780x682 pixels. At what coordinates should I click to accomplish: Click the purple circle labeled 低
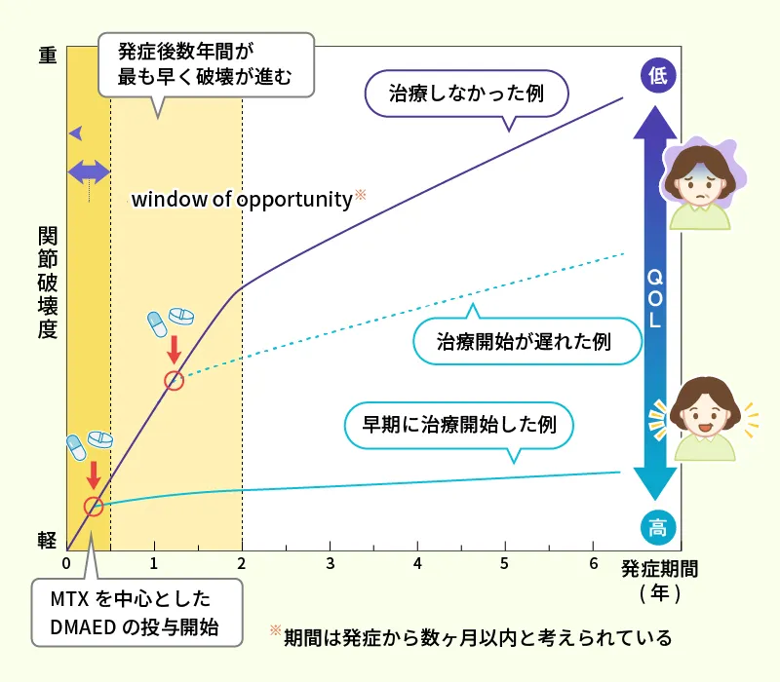coord(657,76)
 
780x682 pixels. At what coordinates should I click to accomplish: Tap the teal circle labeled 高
coord(657,527)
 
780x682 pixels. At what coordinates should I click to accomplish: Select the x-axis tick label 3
coord(330,564)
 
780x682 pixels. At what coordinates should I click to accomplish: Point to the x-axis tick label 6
coord(593,564)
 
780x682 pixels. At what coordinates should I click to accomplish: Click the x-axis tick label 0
coord(66,564)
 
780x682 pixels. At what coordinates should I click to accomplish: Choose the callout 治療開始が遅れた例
coord(526,338)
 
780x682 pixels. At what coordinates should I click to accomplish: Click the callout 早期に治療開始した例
coord(458,427)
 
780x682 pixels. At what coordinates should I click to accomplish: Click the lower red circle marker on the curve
coord(94,507)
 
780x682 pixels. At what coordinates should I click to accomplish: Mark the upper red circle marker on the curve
coord(174,381)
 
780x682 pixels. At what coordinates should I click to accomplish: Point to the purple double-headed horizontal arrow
coord(89,172)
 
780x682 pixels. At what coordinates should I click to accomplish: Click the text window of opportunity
coord(242,200)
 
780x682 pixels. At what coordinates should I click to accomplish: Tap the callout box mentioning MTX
coord(136,613)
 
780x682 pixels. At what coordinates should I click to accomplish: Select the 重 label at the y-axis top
coord(48,55)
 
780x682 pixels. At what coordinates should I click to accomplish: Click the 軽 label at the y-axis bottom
coord(47,540)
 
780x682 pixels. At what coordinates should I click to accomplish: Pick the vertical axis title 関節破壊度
coord(48,283)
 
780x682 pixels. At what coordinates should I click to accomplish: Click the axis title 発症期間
coord(660,569)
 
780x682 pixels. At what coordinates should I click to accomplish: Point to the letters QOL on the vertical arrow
coord(655,298)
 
